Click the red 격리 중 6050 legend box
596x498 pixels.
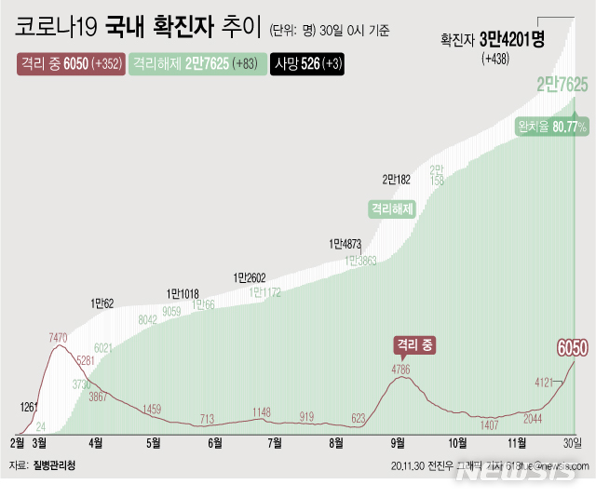click(x=70, y=65)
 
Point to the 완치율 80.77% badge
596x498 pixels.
click(x=555, y=127)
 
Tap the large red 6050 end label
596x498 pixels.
click(x=572, y=347)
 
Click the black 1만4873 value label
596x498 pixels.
click(x=345, y=244)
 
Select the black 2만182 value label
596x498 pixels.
click(x=396, y=179)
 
